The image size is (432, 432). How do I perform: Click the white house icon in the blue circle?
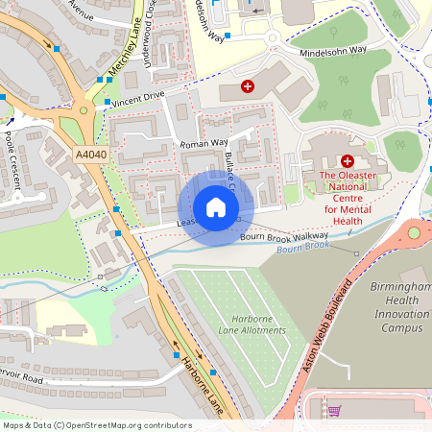[216, 206]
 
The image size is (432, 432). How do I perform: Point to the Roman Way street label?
[202, 143]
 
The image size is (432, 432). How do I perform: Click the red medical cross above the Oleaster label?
[348, 161]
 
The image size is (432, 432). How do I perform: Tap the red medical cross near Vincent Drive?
[249, 86]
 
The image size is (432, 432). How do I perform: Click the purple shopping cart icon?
[334, 411]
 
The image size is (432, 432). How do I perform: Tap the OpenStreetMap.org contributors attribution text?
[96, 425]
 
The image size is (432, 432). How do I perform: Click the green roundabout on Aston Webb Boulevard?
[416, 232]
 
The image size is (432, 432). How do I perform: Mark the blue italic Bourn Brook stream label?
[303, 247]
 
